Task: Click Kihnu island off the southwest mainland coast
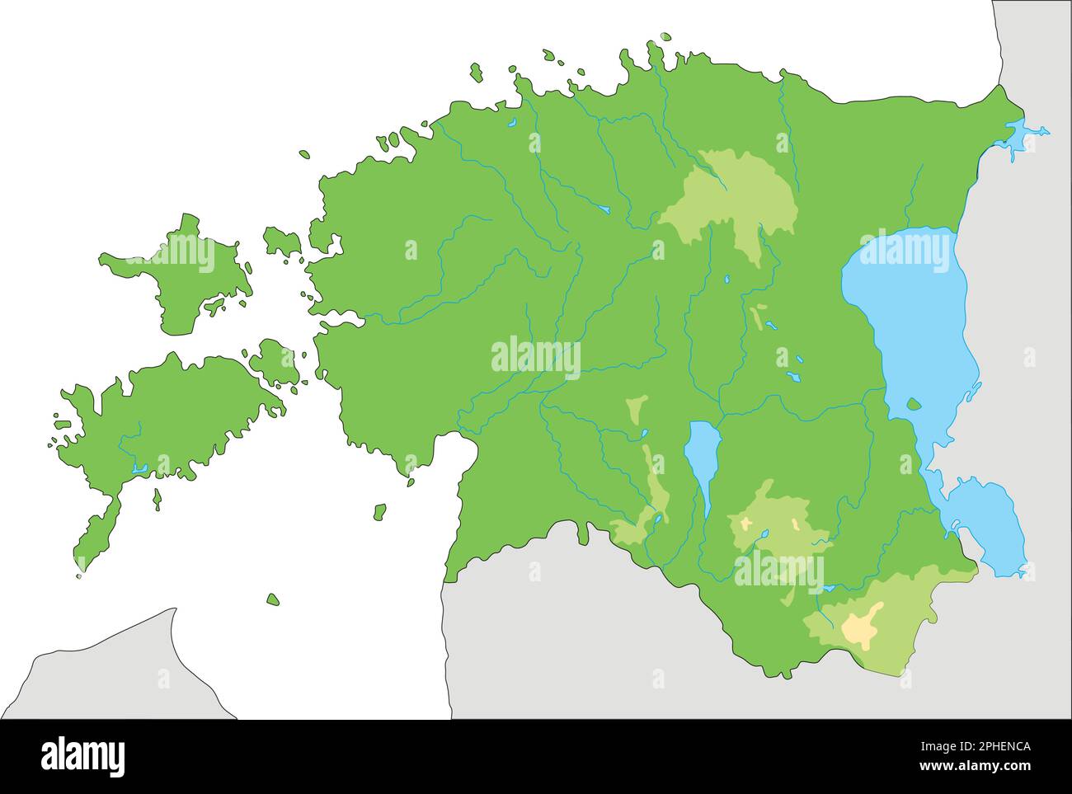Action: click(379, 512)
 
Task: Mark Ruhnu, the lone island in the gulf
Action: click(273, 599)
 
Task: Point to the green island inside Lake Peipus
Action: click(913, 404)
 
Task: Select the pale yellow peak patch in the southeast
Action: click(862, 627)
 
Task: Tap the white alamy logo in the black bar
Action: click(83, 755)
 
